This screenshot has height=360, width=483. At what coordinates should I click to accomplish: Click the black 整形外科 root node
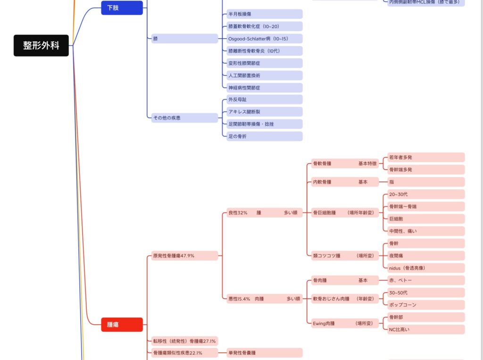click(41, 46)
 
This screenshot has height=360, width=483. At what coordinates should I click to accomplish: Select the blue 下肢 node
click(122, 8)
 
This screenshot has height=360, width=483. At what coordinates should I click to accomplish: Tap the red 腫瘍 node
click(122, 324)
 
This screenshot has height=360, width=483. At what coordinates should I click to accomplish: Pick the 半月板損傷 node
click(262, 14)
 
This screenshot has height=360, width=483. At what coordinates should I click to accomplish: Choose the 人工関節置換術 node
click(262, 75)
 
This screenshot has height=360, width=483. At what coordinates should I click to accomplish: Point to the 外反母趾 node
click(262, 99)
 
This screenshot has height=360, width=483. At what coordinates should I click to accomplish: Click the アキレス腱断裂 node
click(262, 112)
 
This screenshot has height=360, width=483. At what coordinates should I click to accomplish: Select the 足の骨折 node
click(262, 136)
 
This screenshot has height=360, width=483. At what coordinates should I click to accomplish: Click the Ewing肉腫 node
click(344, 323)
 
